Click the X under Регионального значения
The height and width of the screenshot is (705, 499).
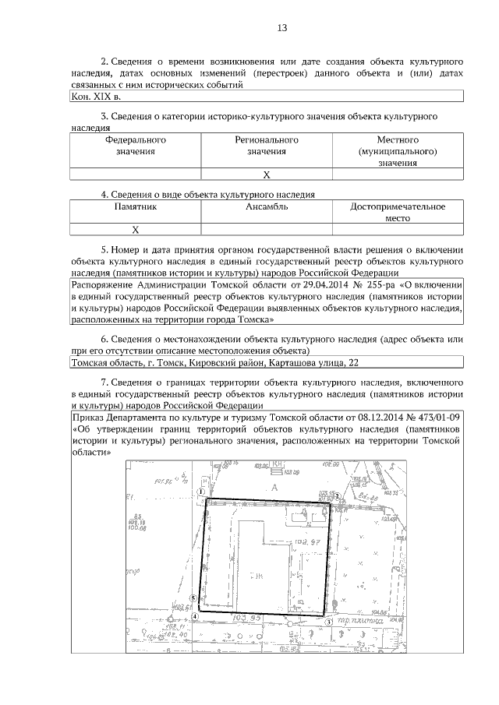[x=267, y=174]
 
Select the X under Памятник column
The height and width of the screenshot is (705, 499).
[x=136, y=230]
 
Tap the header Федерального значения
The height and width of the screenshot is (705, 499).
[x=136, y=146]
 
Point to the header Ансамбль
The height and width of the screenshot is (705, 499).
[x=267, y=207]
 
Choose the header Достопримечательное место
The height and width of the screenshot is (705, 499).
[x=398, y=213]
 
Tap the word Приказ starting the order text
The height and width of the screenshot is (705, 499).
[x=87, y=417]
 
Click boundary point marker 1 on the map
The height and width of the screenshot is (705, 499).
[x=201, y=492]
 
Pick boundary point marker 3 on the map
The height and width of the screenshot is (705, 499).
[x=329, y=622]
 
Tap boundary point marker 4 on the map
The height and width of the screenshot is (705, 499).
[x=196, y=615]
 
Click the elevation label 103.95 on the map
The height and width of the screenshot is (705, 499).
[x=246, y=618]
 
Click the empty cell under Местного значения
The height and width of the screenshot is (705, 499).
[x=398, y=174]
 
